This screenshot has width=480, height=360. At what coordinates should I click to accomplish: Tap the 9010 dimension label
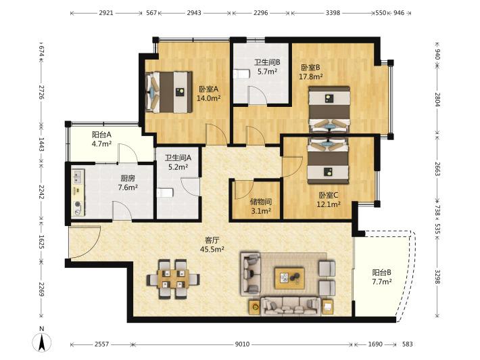[x=242, y=344]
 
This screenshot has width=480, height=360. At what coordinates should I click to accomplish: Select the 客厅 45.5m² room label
[x=212, y=244]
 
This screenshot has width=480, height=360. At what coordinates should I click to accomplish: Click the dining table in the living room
[x=173, y=279]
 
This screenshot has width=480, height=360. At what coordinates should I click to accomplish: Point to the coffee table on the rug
[x=289, y=278]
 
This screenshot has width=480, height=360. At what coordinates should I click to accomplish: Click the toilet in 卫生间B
[x=241, y=74]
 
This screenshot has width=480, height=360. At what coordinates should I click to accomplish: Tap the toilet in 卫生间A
[x=165, y=193]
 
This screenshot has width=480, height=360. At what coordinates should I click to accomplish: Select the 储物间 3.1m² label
[x=261, y=206]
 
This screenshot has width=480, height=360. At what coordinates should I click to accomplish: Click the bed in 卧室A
[x=169, y=92]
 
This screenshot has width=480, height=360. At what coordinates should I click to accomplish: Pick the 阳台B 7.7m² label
[x=382, y=277]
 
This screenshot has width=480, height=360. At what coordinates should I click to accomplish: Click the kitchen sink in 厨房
[x=77, y=177]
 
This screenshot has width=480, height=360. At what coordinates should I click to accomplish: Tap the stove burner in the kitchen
[x=78, y=204]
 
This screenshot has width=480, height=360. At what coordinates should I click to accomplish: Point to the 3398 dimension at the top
[x=333, y=13]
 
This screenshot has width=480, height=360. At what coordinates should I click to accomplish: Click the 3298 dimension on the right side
[x=438, y=277]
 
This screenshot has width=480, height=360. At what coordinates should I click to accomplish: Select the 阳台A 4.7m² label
[x=101, y=139]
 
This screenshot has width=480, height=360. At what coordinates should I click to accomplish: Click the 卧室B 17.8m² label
[x=311, y=72]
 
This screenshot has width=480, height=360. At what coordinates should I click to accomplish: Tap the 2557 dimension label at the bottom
[x=101, y=344]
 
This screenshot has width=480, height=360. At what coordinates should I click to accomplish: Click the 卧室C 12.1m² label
[x=329, y=200]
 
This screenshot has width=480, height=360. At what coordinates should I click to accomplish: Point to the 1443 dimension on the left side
[x=41, y=144]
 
